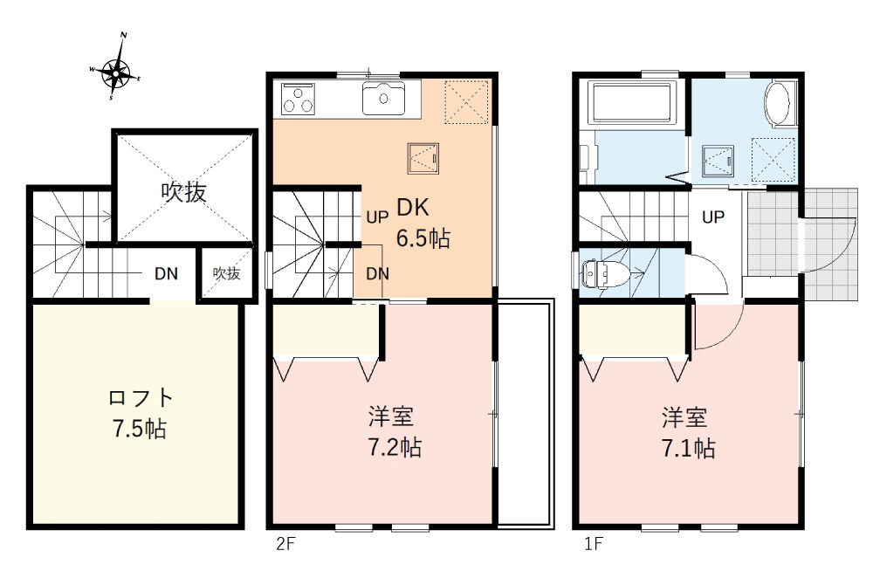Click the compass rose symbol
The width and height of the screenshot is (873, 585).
[115, 70]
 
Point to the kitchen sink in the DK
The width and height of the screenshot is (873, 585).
[383, 97]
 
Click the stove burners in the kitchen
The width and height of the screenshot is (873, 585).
[298, 99]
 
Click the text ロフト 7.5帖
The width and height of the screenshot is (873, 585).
[139, 413]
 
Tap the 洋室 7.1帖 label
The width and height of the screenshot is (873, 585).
[689, 432]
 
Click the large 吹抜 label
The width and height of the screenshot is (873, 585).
[184, 192]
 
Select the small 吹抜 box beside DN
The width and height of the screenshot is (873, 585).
[226, 273]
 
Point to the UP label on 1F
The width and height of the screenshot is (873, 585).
[713, 217]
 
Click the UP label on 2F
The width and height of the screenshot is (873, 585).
[377, 217]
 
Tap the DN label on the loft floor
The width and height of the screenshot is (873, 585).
[166, 273]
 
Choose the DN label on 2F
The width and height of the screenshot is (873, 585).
[377, 273]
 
